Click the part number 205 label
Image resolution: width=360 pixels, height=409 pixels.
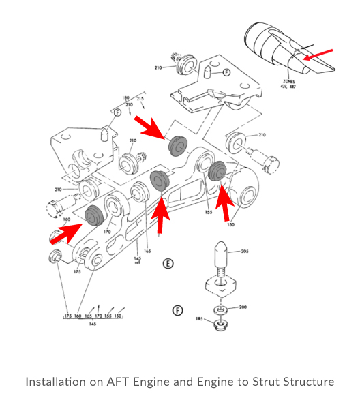click(x=245, y=252)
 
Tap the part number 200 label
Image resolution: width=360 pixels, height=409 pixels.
click(x=243, y=307)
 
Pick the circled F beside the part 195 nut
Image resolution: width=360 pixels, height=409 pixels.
click(x=178, y=310)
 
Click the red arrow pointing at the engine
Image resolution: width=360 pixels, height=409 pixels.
click(x=318, y=54)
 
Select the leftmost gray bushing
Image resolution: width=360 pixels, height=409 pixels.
click(x=94, y=214)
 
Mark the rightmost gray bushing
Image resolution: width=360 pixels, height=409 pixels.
click(x=219, y=172)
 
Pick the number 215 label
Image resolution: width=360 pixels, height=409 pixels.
click(x=140, y=99)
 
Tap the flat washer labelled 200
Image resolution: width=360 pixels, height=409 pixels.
click(x=222, y=310)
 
